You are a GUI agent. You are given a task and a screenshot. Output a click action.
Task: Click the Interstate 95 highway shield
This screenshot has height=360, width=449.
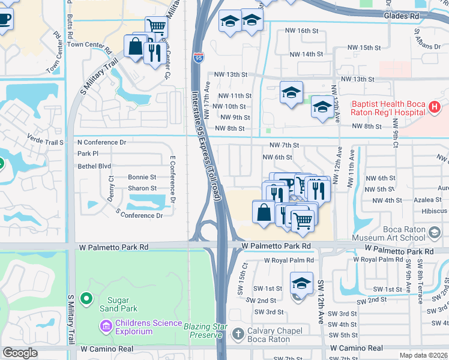199,58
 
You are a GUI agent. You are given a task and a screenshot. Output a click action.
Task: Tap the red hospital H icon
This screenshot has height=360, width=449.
436,108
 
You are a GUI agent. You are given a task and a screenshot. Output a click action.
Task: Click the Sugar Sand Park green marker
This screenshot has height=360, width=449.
86,298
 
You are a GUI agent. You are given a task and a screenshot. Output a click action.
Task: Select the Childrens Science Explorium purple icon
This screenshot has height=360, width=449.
106,326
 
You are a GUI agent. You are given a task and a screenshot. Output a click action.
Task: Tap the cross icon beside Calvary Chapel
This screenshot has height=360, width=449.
238,334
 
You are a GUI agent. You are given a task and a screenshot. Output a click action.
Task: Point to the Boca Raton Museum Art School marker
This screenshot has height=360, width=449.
436,232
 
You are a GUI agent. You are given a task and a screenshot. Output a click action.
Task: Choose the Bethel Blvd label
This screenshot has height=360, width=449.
94,166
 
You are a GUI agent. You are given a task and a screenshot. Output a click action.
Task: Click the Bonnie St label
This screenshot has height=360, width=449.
142,177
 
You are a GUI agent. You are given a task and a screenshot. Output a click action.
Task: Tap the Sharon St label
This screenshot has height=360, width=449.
142,188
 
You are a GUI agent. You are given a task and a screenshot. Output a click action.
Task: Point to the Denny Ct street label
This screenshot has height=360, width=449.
110,185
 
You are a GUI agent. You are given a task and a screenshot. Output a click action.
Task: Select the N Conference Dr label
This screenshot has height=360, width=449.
101,143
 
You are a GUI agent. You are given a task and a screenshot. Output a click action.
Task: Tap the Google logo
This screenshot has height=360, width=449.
20,353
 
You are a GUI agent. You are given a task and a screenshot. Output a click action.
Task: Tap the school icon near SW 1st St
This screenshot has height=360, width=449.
301,283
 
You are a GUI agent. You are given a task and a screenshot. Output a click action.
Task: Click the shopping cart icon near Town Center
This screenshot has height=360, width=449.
156,26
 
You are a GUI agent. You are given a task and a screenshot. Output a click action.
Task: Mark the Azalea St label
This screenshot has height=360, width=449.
427,200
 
